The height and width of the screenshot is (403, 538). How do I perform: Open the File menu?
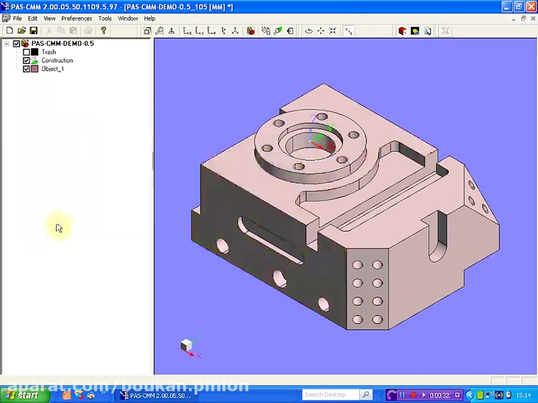click(x=17, y=19)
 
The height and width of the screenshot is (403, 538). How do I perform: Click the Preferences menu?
click(x=77, y=19)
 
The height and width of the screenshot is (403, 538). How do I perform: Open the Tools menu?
click(x=105, y=19)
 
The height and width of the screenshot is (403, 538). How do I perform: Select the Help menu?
click(x=149, y=19)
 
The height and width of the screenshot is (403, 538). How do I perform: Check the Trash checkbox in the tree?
click(x=26, y=52)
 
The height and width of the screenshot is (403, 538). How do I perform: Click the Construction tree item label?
click(x=57, y=60)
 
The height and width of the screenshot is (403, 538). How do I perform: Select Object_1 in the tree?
click(x=52, y=69)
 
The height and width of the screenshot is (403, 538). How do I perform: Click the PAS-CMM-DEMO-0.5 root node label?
click(x=62, y=44)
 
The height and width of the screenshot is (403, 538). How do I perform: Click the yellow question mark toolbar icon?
click(x=103, y=30)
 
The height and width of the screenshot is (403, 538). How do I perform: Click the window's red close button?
click(x=530, y=7)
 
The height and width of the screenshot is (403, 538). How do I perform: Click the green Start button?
click(x=23, y=395)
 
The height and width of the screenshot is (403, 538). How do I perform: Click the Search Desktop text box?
click(x=330, y=395)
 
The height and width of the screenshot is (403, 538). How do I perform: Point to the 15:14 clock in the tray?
click(x=524, y=395)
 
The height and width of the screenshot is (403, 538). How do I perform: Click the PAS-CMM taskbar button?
click(x=157, y=395)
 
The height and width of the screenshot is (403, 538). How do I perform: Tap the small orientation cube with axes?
click(x=187, y=345)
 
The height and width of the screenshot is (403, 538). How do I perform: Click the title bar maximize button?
click(x=518, y=7)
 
